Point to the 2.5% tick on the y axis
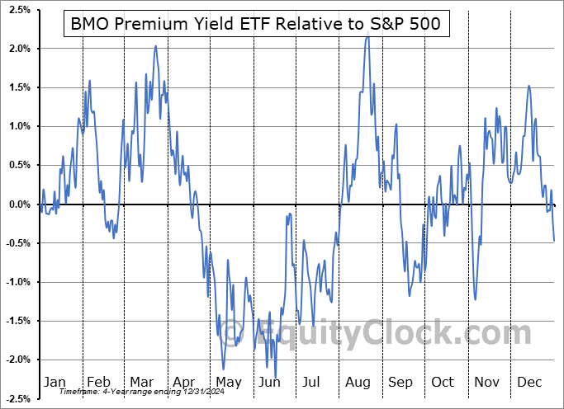tap(18, 9)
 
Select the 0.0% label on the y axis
tap(18, 204)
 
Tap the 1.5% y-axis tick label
tap(18, 87)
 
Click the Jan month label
tap(55, 382)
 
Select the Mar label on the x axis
tap(142, 382)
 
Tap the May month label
tap(228, 382)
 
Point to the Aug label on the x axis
tap(357, 382)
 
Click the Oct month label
tap(443, 382)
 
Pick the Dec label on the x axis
tap(528, 382)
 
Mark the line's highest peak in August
tap(367, 37)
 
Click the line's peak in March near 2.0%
tap(155, 46)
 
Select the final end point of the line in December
tap(554, 240)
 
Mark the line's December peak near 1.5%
tap(529, 87)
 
